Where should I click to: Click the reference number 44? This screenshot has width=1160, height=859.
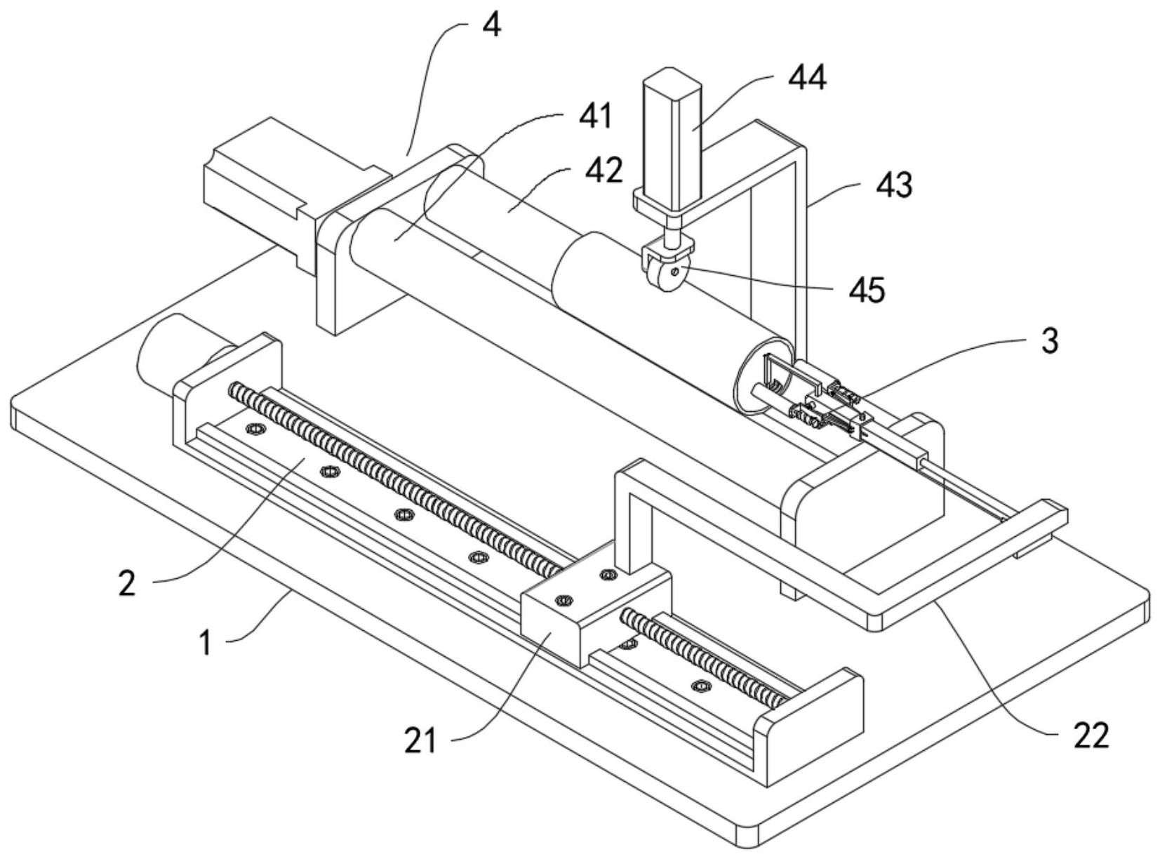point(807,77)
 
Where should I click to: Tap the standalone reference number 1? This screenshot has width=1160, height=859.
point(206,643)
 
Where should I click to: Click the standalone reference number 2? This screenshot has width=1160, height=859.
point(126,583)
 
